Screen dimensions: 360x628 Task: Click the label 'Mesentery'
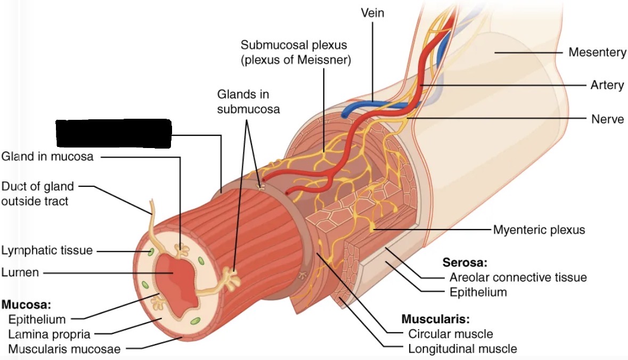pyautogui.click(x=597, y=52)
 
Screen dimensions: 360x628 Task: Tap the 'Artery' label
pyautogui.click(x=607, y=85)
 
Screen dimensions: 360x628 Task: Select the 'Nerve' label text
pyautogui.click(x=607, y=119)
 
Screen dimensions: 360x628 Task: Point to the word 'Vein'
pyautogui.click(x=372, y=13)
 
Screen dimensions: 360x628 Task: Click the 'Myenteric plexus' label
pyautogui.click(x=539, y=230)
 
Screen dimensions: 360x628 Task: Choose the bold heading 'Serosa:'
pyautogui.click(x=465, y=263)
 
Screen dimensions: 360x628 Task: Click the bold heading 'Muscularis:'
pyautogui.click(x=435, y=320)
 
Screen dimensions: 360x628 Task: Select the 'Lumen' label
pyautogui.click(x=20, y=273)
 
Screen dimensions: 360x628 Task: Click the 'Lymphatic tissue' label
pyautogui.click(x=47, y=250)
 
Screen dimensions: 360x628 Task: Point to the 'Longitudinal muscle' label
pyautogui.click(x=462, y=349)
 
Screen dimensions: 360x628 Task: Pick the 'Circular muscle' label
pyautogui.click(x=450, y=334)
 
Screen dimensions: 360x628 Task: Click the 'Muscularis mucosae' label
pyautogui.click(x=64, y=349)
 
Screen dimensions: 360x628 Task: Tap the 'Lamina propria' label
pyautogui.click(x=49, y=334)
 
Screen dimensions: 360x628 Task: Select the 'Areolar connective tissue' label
pyautogui.click(x=518, y=277)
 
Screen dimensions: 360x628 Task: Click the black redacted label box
pyautogui.click(x=113, y=134)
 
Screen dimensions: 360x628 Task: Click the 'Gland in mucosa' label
pyautogui.click(x=47, y=157)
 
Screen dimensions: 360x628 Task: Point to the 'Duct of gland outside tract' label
pyautogui.click(x=37, y=194)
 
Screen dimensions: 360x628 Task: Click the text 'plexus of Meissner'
pyautogui.click(x=296, y=60)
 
